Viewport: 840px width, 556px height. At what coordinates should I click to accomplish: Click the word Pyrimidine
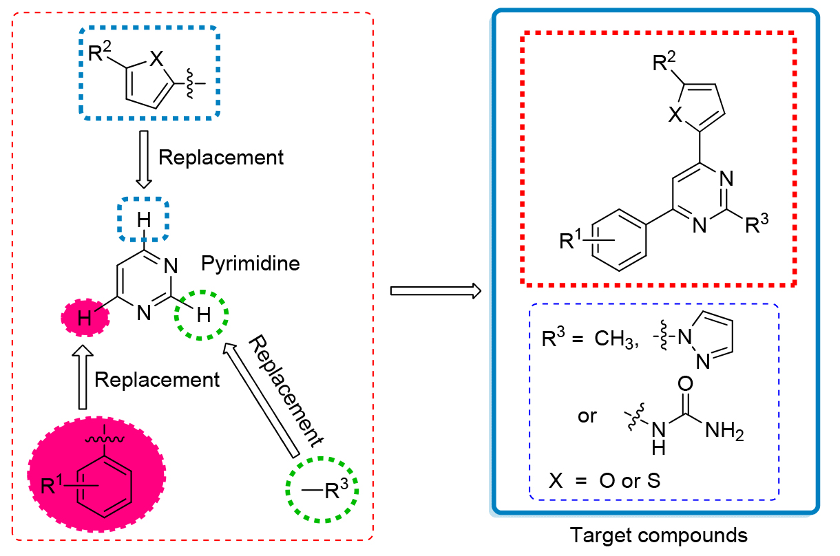(x=251, y=263)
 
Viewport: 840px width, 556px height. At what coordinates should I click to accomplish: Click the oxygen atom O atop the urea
(x=686, y=383)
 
